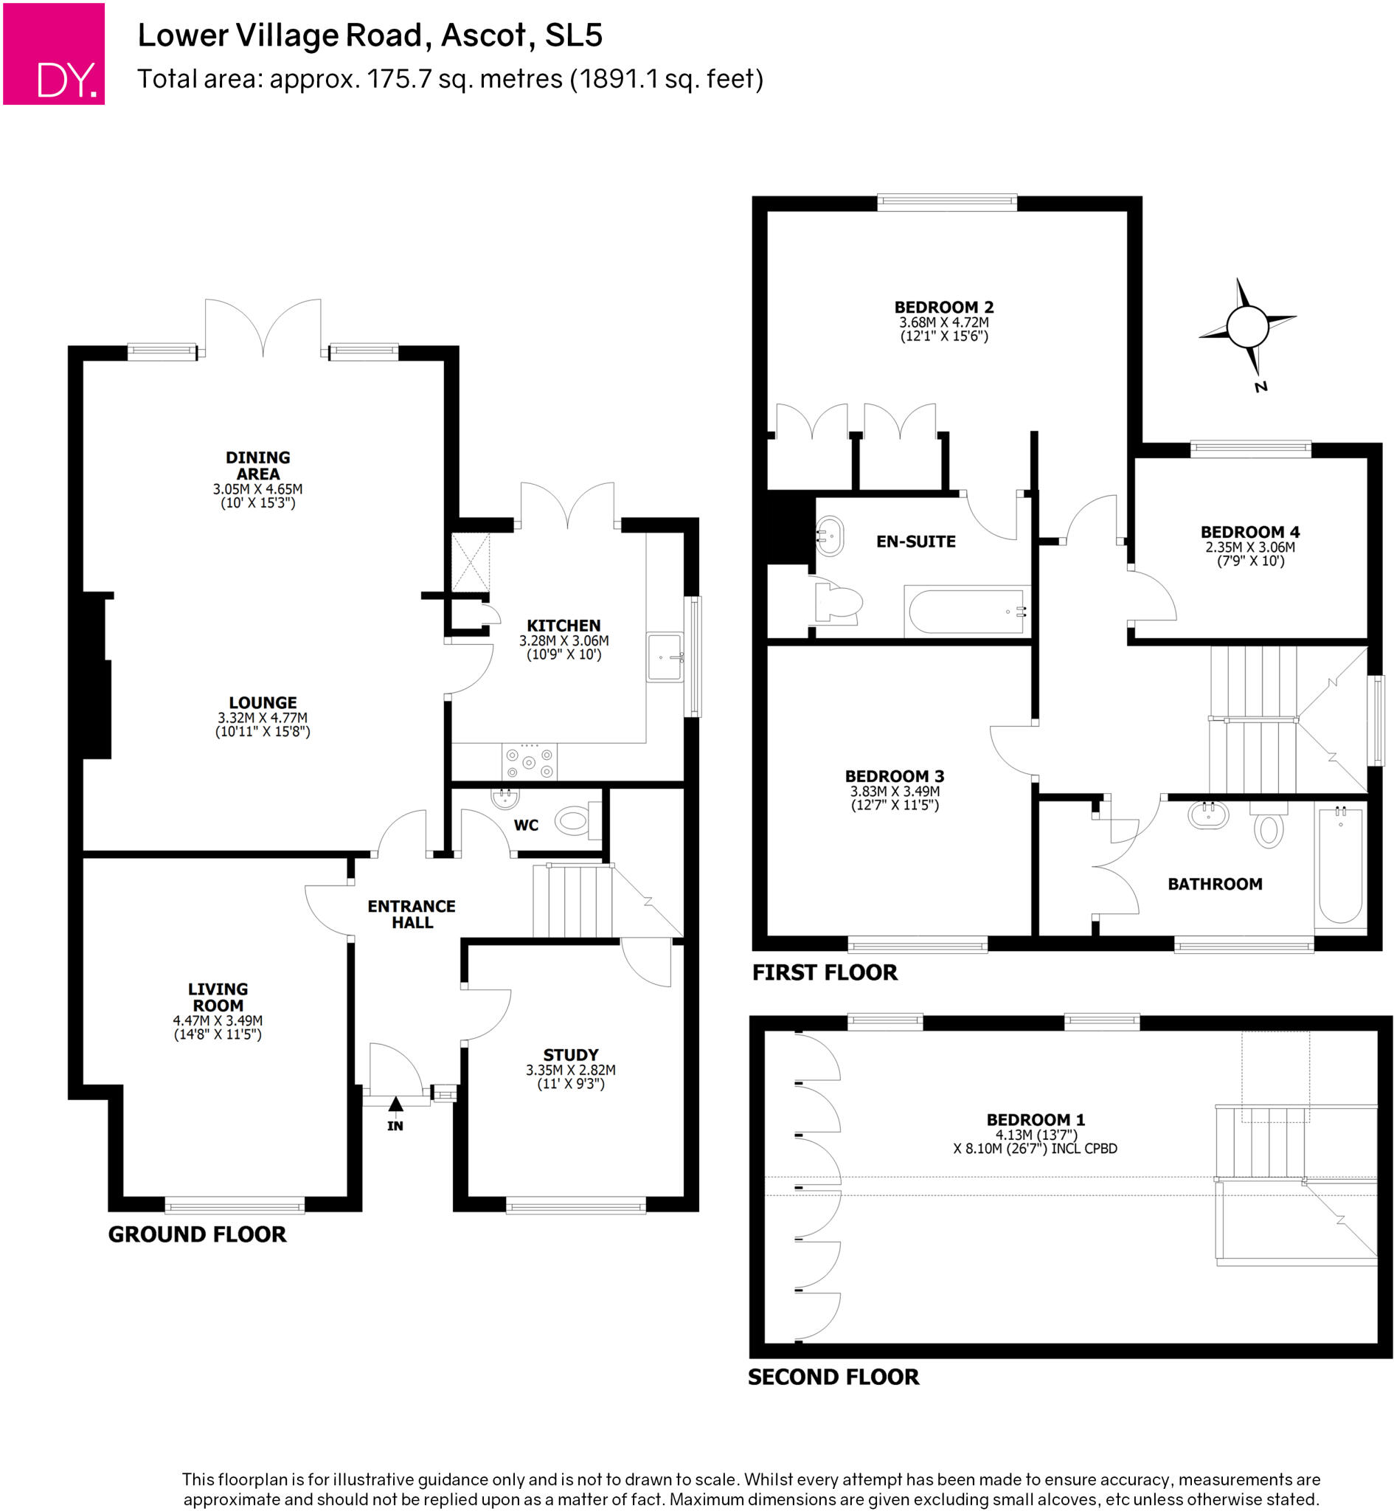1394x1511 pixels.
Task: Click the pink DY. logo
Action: tap(54, 54)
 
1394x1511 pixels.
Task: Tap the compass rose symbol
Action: tap(1247, 327)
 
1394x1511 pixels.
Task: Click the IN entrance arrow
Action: tap(396, 1104)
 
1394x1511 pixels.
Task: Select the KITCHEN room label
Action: tap(564, 626)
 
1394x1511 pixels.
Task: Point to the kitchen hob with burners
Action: tap(529, 762)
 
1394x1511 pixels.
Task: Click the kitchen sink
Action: tap(665, 657)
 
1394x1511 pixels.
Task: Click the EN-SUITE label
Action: tap(915, 542)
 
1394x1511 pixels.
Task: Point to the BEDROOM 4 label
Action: tap(1250, 532)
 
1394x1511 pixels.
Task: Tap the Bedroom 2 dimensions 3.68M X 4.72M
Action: tap(943, 322)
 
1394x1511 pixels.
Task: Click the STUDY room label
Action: tap(570, 1054)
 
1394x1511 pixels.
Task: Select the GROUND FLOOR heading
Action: tap(197, 1234)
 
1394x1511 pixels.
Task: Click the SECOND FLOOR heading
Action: tap(833, 1377)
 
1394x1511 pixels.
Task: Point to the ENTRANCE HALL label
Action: tap(411, 913)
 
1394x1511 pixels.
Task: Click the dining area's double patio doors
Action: tap(263, 328)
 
